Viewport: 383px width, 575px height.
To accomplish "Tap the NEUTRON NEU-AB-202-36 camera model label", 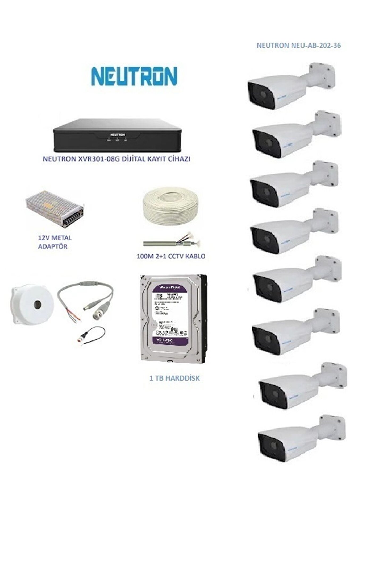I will (298, 46).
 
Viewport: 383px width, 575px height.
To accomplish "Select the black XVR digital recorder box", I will (117, 136).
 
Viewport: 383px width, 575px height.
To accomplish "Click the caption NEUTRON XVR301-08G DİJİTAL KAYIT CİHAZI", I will (116, 159).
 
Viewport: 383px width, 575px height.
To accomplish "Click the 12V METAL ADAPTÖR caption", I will (55, 242).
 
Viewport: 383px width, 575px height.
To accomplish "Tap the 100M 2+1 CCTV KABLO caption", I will (171, 257).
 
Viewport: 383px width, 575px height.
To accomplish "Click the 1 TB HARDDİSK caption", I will (174, 378).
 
